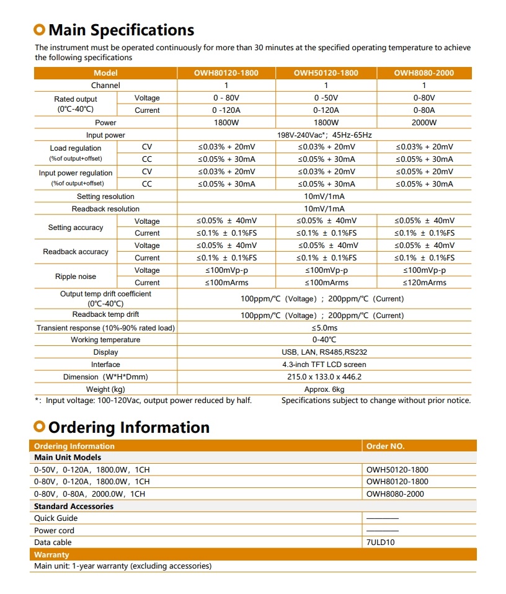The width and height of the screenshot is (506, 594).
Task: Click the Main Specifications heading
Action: (121, 30)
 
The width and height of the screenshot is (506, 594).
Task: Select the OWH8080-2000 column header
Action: (424, 73)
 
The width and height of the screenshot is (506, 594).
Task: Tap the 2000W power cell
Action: (424, 123)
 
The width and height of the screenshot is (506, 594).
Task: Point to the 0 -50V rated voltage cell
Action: (326, 98)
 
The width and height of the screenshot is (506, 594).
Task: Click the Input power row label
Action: (105, 135)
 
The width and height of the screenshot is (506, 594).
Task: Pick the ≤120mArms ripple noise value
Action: (424, 283)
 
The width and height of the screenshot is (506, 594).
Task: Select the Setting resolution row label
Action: (105, 197)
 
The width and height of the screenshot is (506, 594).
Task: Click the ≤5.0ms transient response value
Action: (324, 328)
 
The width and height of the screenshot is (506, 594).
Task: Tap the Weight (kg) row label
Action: (105, 389)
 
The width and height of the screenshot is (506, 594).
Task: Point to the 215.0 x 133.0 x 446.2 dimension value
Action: (324, 377)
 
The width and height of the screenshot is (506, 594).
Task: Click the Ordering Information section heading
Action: (128, 427)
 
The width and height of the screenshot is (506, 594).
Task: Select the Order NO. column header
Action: (385, 446)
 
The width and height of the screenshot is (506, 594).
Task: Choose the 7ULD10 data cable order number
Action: (381, 543)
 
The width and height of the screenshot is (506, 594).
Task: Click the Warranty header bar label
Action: (51, 554)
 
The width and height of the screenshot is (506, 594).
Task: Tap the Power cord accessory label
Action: (54, 531)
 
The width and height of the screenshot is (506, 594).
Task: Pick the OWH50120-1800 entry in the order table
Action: (397, 470)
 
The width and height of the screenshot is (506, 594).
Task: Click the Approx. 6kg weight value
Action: (324, 389)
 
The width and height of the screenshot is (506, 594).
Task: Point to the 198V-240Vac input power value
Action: (324, 135)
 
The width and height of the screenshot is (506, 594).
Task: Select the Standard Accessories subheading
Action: (74, 506)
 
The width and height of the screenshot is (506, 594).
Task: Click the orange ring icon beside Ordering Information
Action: (40, 427)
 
